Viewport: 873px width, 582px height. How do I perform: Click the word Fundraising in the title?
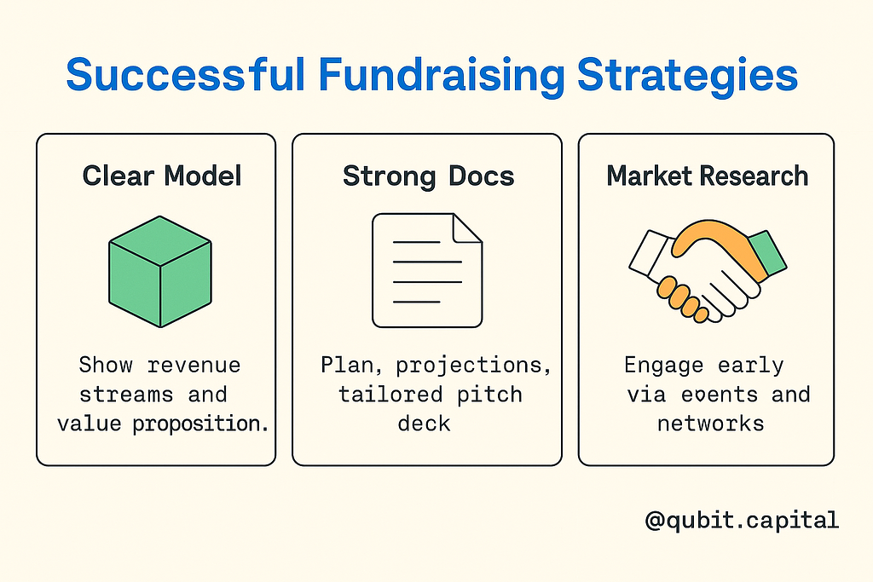coord(442,76)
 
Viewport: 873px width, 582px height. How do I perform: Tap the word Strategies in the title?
coord(688,76)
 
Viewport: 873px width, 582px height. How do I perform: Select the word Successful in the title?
coord(186,74)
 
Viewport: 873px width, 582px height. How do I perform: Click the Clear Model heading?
coord(162,176)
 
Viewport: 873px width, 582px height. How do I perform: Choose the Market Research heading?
coord(707,176)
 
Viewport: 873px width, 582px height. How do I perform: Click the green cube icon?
coord(160,272)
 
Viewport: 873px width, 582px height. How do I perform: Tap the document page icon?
coord(427,270)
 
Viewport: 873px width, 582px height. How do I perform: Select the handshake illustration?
coord(708,271)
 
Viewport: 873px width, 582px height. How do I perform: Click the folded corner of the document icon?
coord(466,228)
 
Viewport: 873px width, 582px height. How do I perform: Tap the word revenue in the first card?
coord(194,365)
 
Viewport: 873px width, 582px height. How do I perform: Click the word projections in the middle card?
coord(473,366)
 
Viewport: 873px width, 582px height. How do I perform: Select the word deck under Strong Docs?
coord(424,424)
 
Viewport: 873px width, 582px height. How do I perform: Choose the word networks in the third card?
coord(710,424)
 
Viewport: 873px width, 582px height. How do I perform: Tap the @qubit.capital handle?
coord(742,521)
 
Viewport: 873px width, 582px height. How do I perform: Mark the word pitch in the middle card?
coord(490,395)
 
